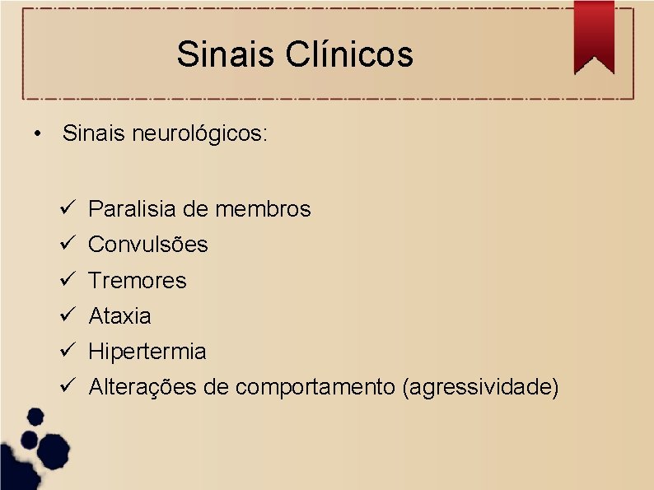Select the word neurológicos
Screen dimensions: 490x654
coord(199,133)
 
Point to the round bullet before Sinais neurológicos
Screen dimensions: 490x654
coord(38,133)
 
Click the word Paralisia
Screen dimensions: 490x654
coord(132,209)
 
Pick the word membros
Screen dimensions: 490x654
coord(263,209)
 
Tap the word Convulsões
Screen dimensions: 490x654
coord(148,245)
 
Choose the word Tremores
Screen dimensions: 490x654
coord(138,281)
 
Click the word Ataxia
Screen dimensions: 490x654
coord(119,316)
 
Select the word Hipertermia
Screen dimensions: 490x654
coord(147,352)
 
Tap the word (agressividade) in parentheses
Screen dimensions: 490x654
coord(480,387)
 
